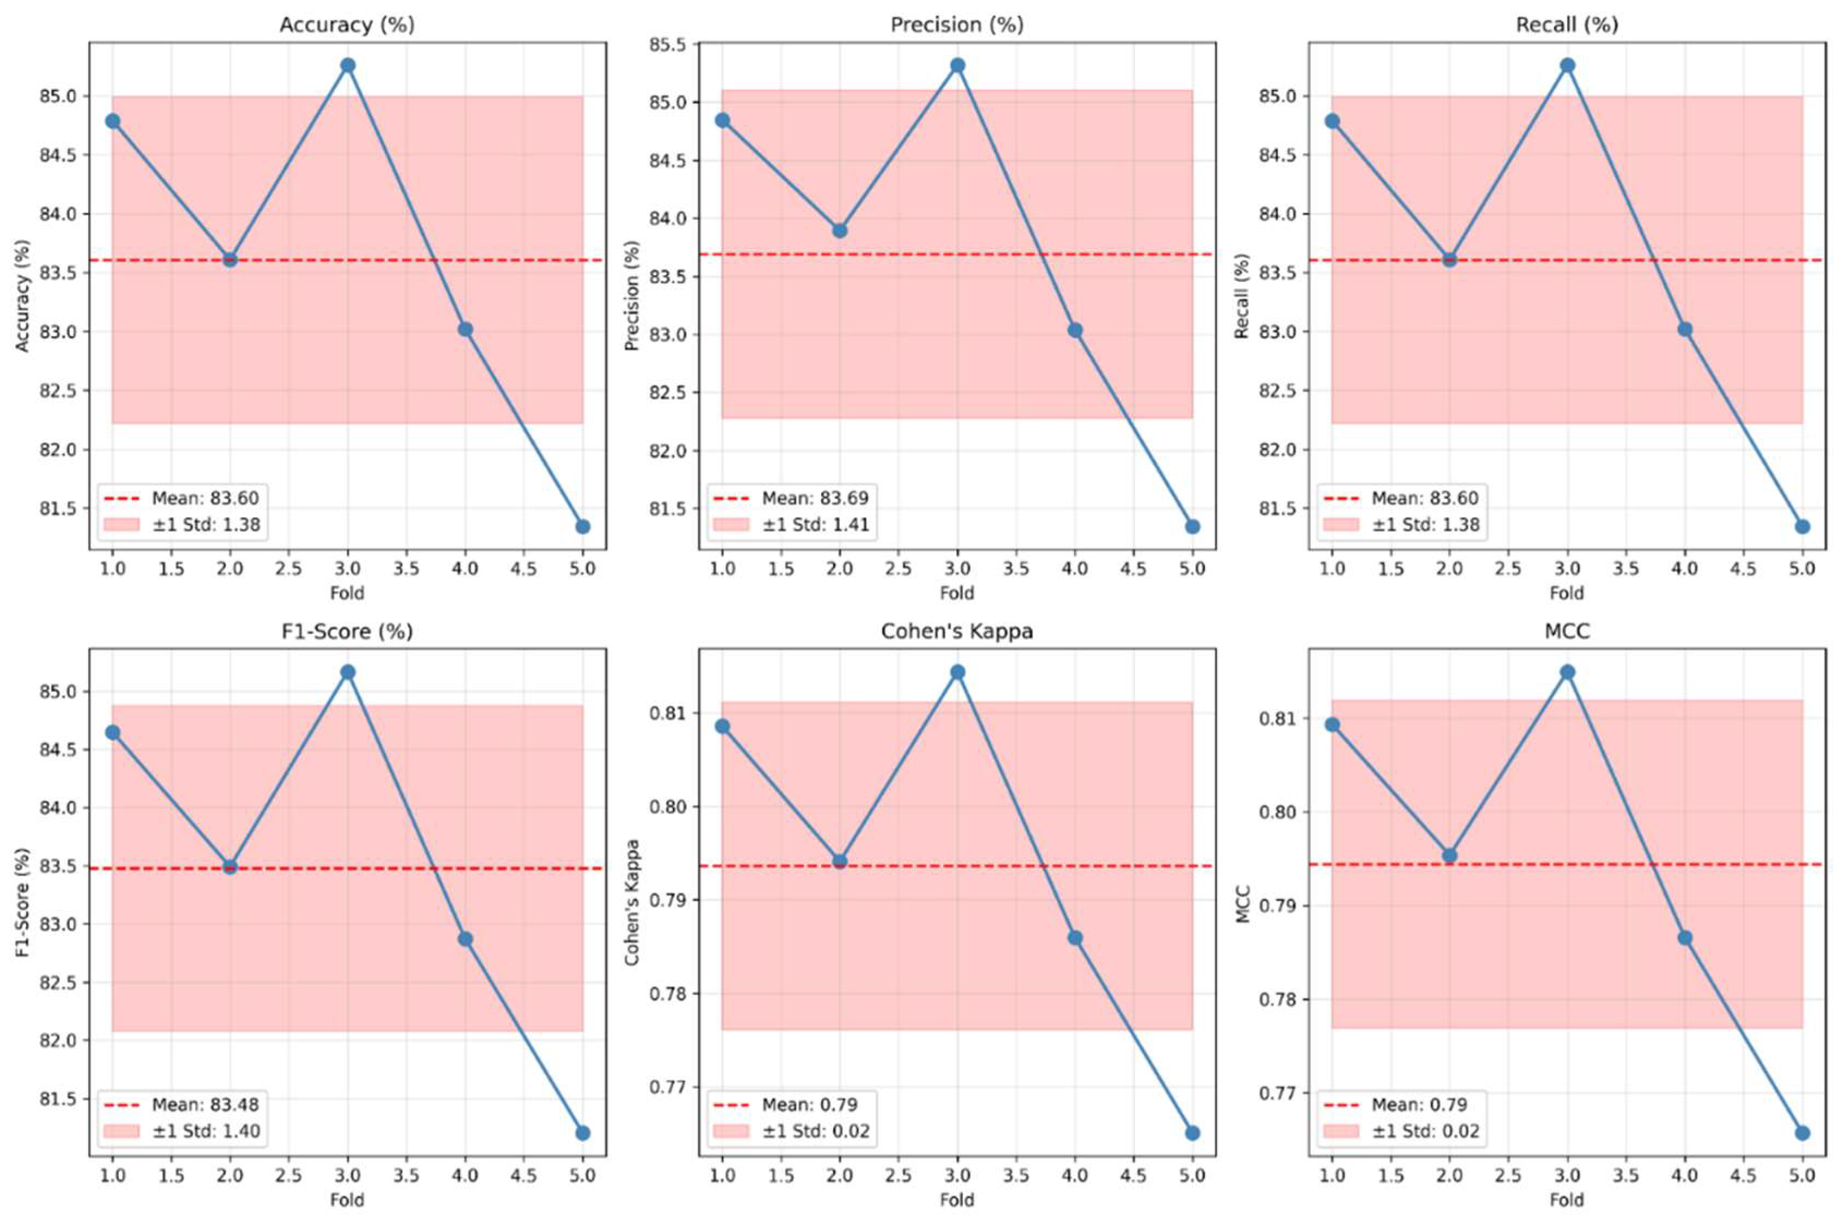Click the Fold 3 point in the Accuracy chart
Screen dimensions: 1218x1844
point(347,65)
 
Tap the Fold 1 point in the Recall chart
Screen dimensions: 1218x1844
point(1333,121)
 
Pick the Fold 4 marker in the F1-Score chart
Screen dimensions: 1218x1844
point(465,939)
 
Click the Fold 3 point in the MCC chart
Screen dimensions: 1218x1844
point(1568,672)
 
